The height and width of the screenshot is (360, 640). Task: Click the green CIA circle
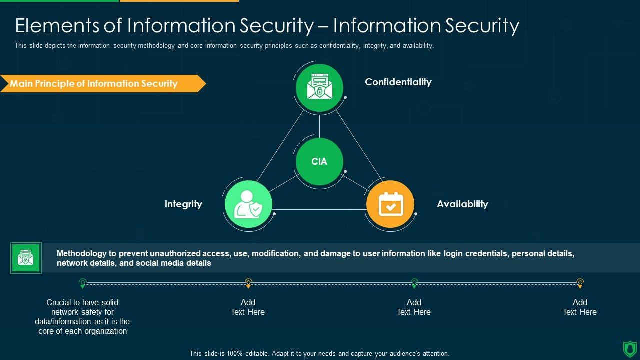click(319, 161)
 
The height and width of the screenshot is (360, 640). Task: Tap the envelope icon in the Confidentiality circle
click(319, 87)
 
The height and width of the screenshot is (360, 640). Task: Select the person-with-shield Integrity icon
click(248, 204)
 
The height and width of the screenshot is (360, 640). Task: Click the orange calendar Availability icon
click(390, 204)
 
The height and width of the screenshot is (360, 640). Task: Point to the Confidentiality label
click(398, 82)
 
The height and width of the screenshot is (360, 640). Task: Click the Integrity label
click(183, 204)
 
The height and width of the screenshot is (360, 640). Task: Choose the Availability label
click(462, 204)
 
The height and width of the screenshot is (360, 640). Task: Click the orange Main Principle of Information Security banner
click(95, 84)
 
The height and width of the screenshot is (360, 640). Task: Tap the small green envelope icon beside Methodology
click(26, 258)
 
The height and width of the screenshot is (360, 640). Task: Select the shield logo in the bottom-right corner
click(629, 348)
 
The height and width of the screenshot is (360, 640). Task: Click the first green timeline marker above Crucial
click(83, 283)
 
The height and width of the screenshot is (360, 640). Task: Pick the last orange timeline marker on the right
click(580, 283)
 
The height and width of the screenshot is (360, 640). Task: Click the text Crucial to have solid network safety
click(82, 316)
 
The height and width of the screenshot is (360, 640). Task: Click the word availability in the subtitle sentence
click(417, 45)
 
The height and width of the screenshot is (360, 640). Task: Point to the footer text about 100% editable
click(319, 353)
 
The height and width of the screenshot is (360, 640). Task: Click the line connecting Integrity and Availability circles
click(320, 209)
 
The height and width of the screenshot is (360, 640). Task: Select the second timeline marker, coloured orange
click(248, 283)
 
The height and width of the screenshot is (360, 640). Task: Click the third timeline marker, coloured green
click(414, 283)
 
